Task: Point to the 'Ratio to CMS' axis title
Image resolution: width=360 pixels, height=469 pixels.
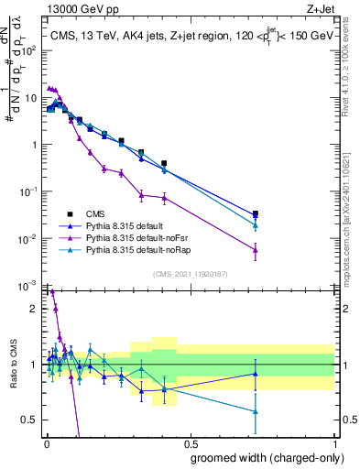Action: pos(12,364)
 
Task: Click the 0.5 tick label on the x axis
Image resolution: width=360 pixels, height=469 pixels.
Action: pos(190,445)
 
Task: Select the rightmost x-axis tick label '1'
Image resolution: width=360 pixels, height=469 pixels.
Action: pos(334,445)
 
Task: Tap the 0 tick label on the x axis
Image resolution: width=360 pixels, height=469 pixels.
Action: pos(46,445)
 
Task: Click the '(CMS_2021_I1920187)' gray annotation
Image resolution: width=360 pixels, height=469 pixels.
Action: pos(190,274)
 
